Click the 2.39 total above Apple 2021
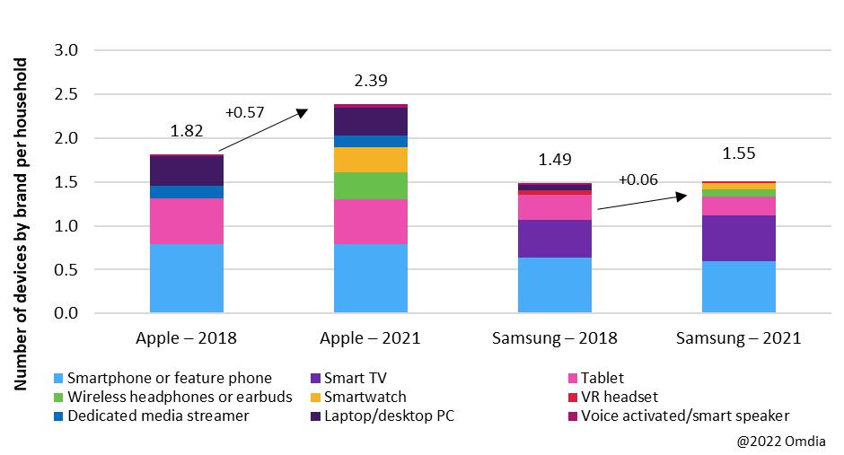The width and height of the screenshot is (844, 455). point(371,81)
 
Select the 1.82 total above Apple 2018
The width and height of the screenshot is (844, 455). point(187,131)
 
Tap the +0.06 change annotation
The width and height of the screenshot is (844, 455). point(638,179)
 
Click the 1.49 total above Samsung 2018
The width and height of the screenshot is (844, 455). point(555,160)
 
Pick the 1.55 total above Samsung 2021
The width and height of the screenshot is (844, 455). point(739,153)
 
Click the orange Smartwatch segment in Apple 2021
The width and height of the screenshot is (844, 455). point(371,160)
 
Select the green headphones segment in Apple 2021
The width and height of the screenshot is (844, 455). point(371,186)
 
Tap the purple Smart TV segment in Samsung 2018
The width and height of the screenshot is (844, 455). point(555,239)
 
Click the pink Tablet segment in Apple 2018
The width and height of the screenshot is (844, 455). point(187,221)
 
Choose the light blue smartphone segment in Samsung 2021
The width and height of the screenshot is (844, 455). point(739,287)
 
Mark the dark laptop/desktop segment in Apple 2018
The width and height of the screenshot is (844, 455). point(187,171)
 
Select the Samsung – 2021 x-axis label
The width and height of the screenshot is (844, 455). point(739,338)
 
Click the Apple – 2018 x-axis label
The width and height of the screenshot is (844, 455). point(187,338)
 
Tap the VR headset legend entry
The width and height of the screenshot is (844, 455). point(619,397)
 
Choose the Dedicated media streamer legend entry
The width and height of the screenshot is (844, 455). point(156,416)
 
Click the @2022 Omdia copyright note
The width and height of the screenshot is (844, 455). point(780,441)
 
